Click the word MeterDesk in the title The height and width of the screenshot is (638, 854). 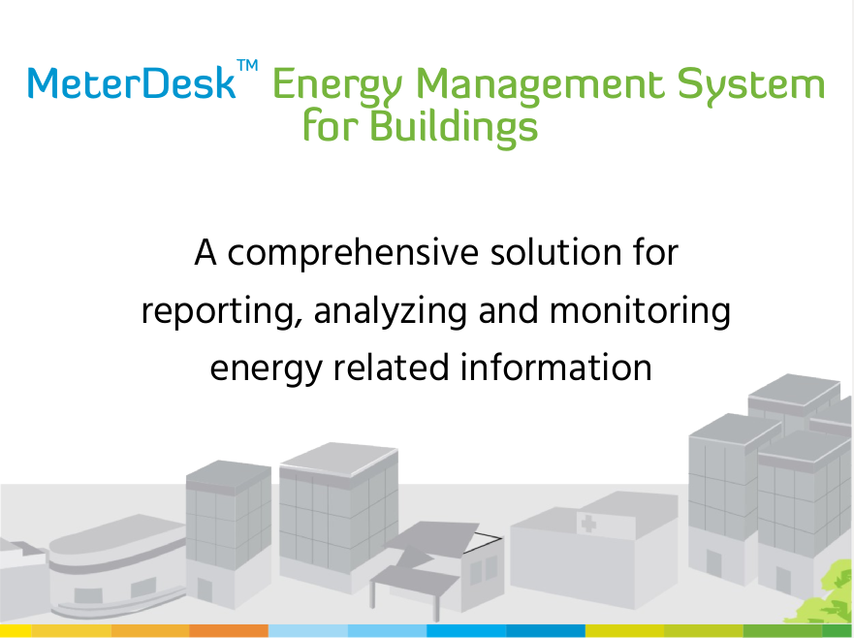click(x=132, y=83)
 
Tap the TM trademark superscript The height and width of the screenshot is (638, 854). click(x=248, y=65)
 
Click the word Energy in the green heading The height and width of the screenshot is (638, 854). click(x=337, y=86)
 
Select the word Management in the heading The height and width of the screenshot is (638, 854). click(x=540, y=86)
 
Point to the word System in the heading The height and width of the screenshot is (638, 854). click(x=751, y=86)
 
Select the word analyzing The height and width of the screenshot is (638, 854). click(x=390, y=311)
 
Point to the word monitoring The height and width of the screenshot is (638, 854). click(x=640, y=311)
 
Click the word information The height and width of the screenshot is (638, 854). click(x=556, y=367)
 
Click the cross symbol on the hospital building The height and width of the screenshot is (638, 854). click(x=588, y=524)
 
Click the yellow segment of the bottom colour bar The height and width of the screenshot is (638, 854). click(x=16, y=631)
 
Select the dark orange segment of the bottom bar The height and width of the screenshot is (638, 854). click(x=229, y=631)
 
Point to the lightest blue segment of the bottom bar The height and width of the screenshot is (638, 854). click(x=308, y=631)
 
